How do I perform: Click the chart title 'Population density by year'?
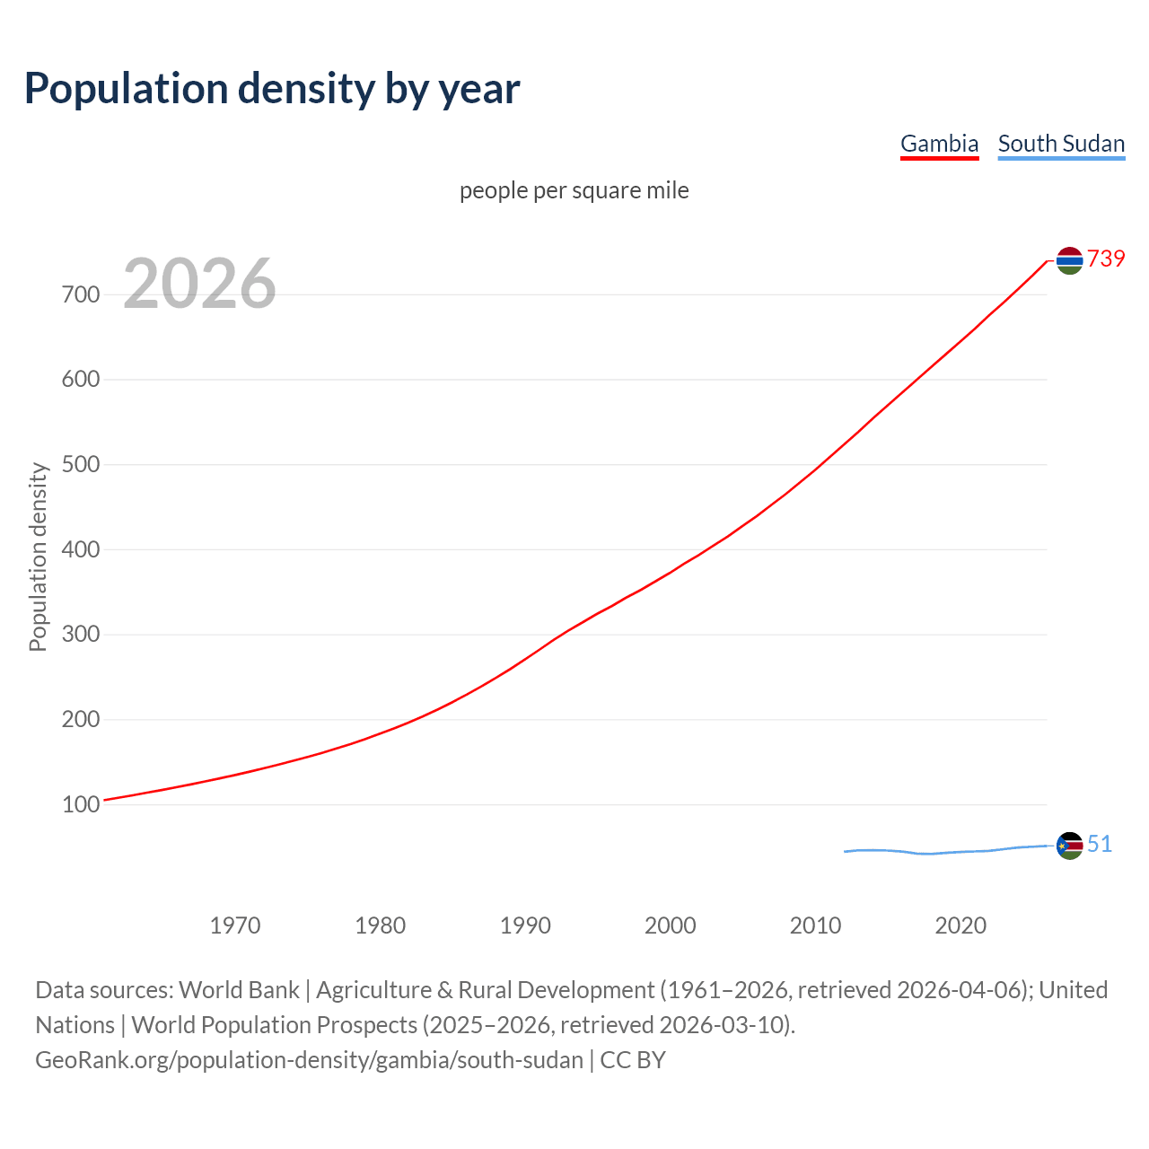coord(272,89)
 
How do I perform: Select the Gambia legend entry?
coord(939,144)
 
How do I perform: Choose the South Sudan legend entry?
coord(1061,144)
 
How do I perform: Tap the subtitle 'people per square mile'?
coord(574,191)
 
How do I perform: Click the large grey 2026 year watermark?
coord(199,284)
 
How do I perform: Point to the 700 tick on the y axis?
coord(80,294)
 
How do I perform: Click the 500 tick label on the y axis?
coord(80,465)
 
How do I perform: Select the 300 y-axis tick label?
coord(80,635)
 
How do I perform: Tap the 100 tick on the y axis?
coord(80,805)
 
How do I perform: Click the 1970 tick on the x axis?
coord(235,925)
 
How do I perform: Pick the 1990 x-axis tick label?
coord(525,925)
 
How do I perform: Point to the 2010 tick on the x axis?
coord(815,925)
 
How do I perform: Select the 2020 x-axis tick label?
coord(960,925)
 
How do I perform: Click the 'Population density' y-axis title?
coord(38,557)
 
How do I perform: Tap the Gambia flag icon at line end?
coord(1069,260)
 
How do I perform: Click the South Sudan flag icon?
coord(1069,846)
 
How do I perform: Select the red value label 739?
coord(1106,259)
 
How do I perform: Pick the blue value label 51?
coord(1100,845)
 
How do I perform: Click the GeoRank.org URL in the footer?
coord(309,1060)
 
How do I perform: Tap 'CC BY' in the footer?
coord(633,1060)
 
